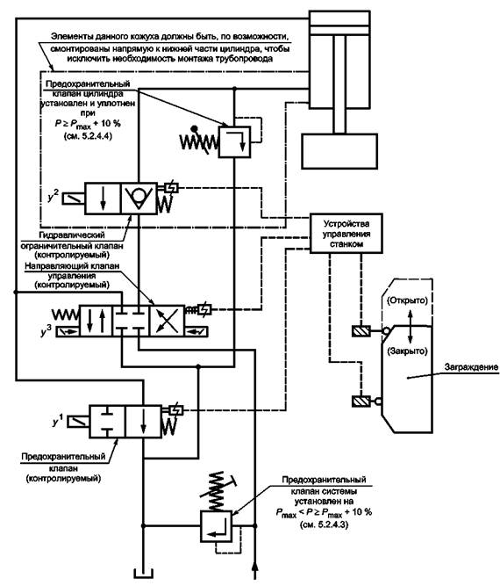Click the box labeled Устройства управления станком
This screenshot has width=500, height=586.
click(346, 234)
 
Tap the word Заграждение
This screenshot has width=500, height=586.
click(471, 367)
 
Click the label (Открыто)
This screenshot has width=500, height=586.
click(407, 300)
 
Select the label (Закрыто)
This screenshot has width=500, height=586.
click(407, 351)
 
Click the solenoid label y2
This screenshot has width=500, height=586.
click(54, 197)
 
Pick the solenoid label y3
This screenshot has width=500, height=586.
click(46, 331)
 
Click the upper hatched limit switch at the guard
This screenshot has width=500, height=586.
click(361, 331)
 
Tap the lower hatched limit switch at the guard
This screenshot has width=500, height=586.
click(361, 401)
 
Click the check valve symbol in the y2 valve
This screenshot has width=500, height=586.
click(139, 198)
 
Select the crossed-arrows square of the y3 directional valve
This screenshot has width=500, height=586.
click(167, 321)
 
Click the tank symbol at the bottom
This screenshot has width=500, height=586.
click(144, 574)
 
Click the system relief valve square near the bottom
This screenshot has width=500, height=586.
click(217, 526)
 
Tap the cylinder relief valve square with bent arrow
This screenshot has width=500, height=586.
click(234, 141)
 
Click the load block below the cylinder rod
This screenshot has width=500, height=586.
click(339, 151)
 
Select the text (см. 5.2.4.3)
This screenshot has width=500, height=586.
click(324, 525)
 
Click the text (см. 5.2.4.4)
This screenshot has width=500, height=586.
click(88, 136)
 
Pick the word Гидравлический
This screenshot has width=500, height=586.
click(72, 235)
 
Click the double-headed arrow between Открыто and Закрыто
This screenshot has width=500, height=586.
click(410, 326)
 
